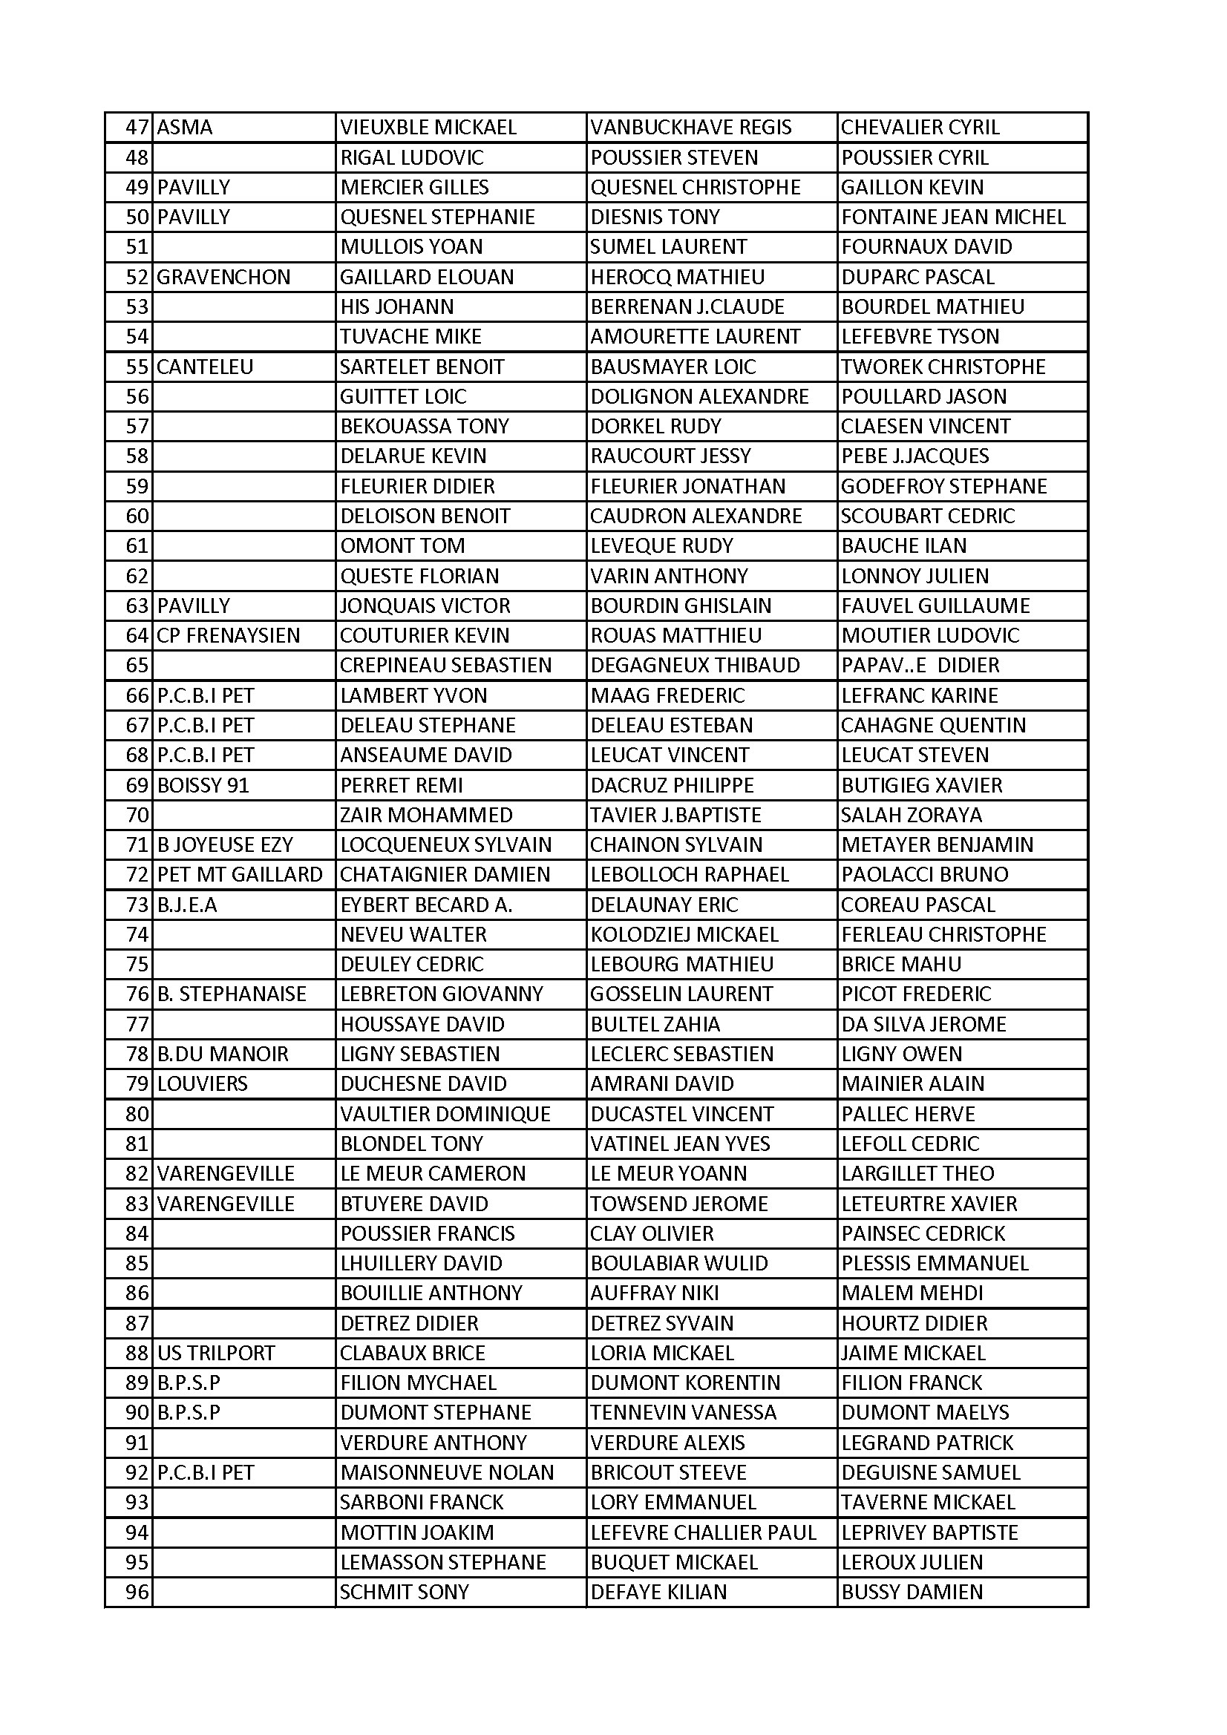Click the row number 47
pyautogui.click(x=137, y=128)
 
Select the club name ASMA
pyautogui.click(x=185, y=128)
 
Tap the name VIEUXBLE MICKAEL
pyautogui.click(x=428, y=128)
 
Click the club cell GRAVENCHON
pyautogui.click(x=223, y=278)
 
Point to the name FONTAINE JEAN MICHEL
pyautogui.click(x=952, y=217)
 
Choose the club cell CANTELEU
pyautogui.click(x=205, y=367)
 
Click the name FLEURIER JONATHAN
pyautogui.click(x=688, y=487)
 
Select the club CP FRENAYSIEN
pyautogui.click(x=229, y=636)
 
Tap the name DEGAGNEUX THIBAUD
pyautogui.click(x=695, y=666)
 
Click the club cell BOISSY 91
pyautogui.click(x=203, y=786)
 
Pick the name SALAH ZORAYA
pyautogui.click(x=911, y=816)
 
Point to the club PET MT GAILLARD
pyautogui.click(x=240, y=875)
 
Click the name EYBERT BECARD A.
pyautogui.click(x=426, y=905)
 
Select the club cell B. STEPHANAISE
pyautogui.click(x=232, y=994)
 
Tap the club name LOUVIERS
pyautogui.click(x=202, y=1084)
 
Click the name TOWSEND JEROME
pyautogui.click(x=679, y=1204)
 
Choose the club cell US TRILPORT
pyautogui.click(x=215, y=1354)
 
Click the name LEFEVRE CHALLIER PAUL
pyautogui.click(x=703, y=1532)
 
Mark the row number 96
pyautogui.click(x=137, y=1593)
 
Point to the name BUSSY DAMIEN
pyautogui.click(x=912, y=1593)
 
